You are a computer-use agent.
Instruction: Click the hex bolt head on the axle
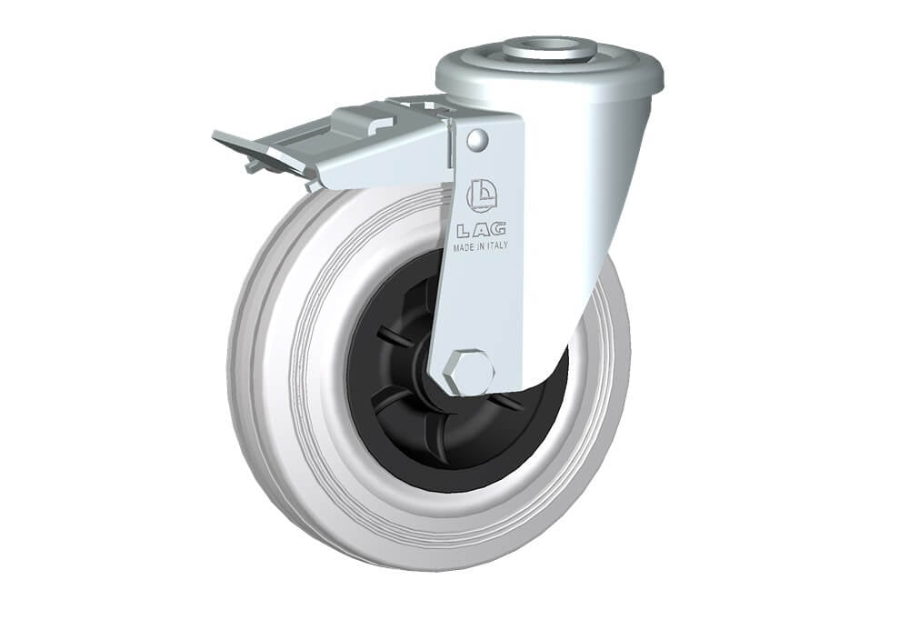point(468,373)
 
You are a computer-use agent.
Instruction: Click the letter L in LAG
point(464,230)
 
